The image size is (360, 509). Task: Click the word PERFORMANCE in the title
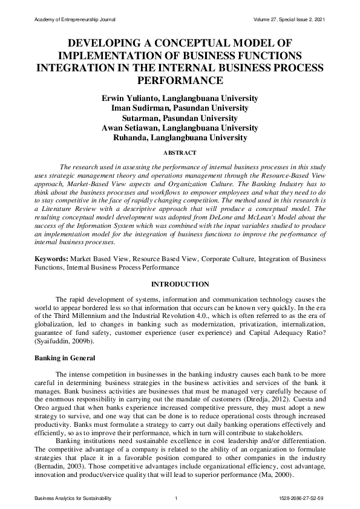click(x=180, y=80)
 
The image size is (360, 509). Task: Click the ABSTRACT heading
click(x=180, y=154)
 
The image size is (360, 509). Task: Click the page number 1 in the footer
click(x=175, y=498)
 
